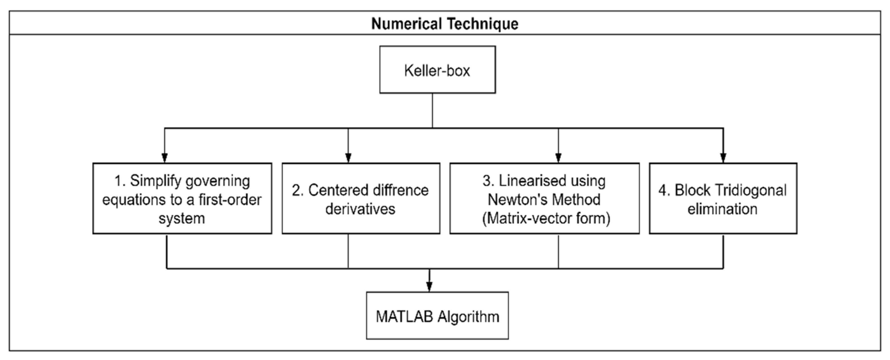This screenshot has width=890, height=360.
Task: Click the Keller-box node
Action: click(437, 69)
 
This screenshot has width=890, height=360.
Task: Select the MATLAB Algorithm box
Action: click(437, 315)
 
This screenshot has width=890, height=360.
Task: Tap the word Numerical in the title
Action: click(406, 23)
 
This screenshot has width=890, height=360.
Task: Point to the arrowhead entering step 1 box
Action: click(165, 158)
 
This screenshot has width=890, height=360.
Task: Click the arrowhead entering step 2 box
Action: click(348, 158)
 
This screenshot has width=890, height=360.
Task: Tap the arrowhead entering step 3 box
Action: click(558, 158)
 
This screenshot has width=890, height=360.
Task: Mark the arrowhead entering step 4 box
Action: click(723, 158)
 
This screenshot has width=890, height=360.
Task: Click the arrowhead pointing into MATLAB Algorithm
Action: click(429, 286)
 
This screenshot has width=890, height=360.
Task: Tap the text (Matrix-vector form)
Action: click(546, 218)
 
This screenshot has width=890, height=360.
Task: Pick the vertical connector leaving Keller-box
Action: click(433, 111)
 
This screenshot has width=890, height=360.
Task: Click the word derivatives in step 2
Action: click(360, 209)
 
